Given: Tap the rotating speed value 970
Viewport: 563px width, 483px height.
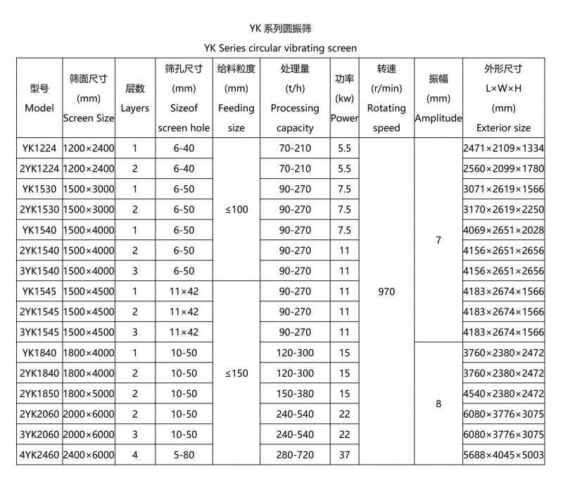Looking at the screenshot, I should pyautogui.click(x=386, y=291).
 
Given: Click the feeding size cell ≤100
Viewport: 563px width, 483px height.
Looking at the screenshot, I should pyautogui.click(x=236, y=209).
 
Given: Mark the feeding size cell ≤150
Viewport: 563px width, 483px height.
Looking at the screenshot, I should pyautogui.click(x=236, y=373).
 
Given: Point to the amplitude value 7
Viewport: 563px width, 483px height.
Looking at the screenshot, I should pyautogui.click(x=438, y=240).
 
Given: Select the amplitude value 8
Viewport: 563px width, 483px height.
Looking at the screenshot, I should pyautogui.click(x=438, y=404).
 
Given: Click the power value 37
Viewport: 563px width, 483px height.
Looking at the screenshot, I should pyautogui.click(x=344, y=455).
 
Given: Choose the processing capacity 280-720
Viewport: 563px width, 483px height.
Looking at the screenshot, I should pyautogui.click(x=295, y=455).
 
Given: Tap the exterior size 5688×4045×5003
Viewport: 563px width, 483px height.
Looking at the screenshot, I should pyautogui.click(x=503, y=455).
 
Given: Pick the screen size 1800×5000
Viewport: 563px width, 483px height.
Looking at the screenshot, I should pyautogui.click(x=89, y=394).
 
